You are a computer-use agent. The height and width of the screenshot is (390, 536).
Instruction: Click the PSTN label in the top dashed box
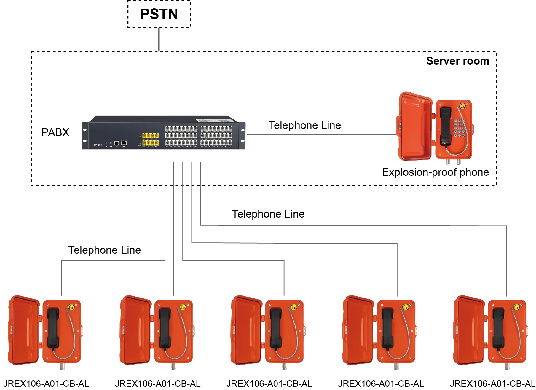click(x=159, y=14)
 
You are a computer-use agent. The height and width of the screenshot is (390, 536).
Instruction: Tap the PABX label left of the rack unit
click(x=56, y=133)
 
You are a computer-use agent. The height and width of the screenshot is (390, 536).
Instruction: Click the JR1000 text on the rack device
click(x=97, y=145)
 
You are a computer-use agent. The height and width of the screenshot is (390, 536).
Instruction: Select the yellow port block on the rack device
click(x=150, y=140)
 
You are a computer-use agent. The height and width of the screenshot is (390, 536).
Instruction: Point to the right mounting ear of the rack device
click(x=243, y=135)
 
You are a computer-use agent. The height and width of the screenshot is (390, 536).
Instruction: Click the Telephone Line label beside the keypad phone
click(x=305, y=126)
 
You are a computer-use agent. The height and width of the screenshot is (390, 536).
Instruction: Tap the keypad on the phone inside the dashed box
click(x=459, y=128)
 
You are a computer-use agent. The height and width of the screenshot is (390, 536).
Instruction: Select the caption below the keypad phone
click(x=436, y=173)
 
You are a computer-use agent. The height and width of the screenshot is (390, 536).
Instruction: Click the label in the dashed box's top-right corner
click(x=458, y=62)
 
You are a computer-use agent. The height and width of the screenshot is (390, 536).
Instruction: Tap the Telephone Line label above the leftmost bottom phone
click(x=105, y=249)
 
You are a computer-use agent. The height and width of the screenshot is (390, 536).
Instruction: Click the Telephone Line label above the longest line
click(x=268, y=213)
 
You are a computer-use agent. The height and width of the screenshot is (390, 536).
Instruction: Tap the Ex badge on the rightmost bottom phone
click(x=516, y=307)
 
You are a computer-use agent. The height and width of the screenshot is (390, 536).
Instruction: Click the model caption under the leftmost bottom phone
click(x=47, y=384)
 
